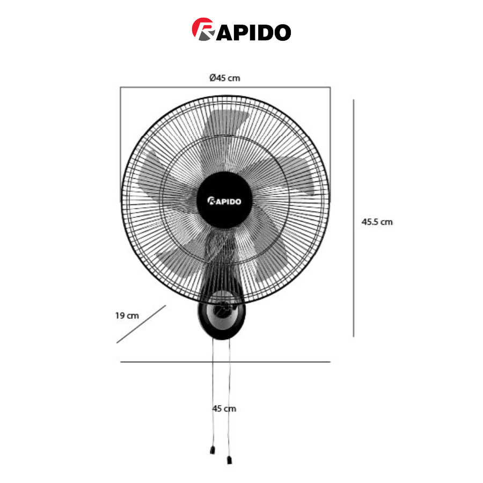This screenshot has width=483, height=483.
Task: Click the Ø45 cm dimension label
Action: point(224,78)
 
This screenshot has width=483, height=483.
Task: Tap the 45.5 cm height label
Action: point(377,222)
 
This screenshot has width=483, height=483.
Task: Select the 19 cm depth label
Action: point(127,316)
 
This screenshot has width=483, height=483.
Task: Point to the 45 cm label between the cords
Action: point(224,408)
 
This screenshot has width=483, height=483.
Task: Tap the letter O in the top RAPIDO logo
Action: point(282,32)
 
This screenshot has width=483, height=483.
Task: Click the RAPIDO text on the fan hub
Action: point(224,201)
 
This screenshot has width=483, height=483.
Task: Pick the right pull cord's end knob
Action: point(229,460)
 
